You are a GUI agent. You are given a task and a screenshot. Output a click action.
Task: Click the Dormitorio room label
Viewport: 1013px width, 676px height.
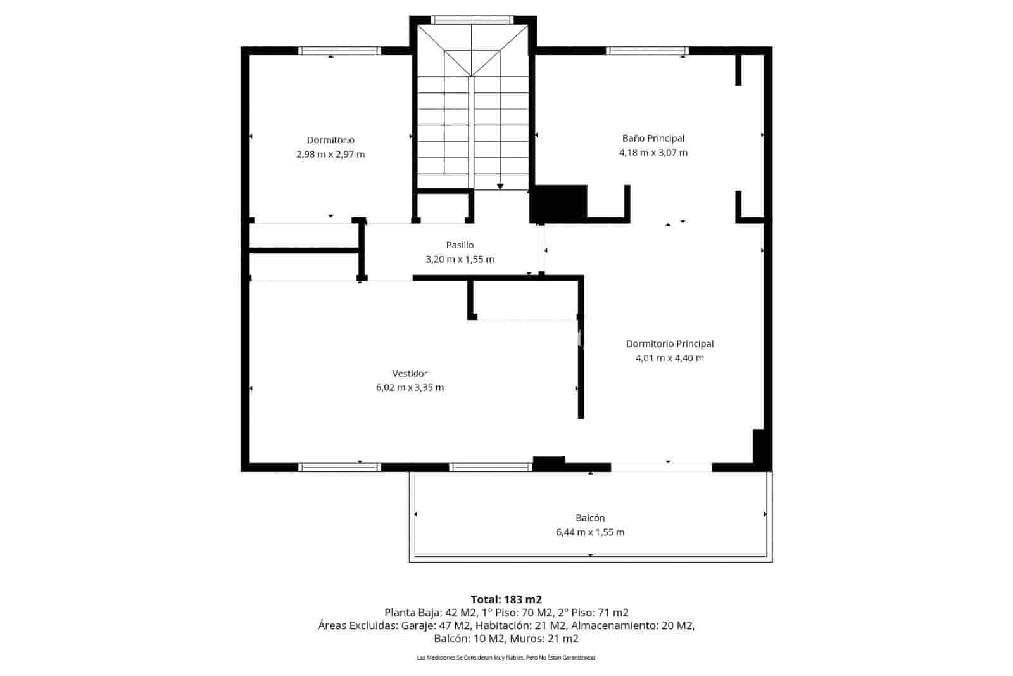click(x=330, y=140)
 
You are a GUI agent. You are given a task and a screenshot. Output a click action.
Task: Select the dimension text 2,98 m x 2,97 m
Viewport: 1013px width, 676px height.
click(x=330, y=155)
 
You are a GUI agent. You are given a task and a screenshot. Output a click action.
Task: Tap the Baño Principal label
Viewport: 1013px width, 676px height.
click(x=653, y=138)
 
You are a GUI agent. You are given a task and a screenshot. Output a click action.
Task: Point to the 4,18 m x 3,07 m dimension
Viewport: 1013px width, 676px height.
click(x=653, y=153)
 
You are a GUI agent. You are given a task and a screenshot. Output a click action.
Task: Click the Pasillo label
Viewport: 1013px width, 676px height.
click(x=460, y=245)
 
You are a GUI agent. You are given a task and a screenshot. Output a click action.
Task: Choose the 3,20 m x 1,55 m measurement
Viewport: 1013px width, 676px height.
click(x=460, y=260)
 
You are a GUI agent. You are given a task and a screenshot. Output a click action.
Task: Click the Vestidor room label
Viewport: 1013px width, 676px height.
click(x=410, y=374)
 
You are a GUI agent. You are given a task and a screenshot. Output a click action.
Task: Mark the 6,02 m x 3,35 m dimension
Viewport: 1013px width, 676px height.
click(x=410, y=388)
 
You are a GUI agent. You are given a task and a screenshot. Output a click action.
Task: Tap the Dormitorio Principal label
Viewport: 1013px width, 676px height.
click(x=669, y=344)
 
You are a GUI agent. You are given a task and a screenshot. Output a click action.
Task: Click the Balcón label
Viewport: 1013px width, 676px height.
click(x=590, y=518)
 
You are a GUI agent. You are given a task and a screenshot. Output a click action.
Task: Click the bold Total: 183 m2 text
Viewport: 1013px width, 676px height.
click(x=506, y=599)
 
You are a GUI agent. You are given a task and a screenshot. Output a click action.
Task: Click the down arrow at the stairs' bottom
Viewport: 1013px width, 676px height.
click(x=500, y=186)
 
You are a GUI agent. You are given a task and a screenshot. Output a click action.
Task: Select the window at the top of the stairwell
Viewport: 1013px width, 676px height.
click(x=472, y=20)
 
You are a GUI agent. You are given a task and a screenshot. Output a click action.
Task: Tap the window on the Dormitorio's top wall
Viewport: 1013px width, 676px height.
click(x=339, y=51)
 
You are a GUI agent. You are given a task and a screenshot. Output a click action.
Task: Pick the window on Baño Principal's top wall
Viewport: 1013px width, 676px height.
click(x=646, y=51)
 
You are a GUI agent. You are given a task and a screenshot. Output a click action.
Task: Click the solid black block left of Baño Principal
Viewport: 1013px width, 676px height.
click(x=558, y=203)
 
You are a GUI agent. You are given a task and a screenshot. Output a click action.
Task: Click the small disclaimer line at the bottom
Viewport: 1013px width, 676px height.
click(x=506, y=658)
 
